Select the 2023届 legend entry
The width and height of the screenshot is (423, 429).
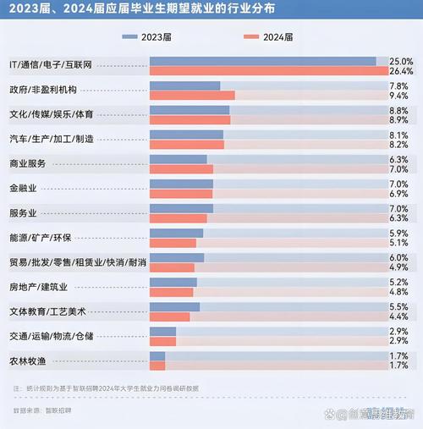click(152, 37)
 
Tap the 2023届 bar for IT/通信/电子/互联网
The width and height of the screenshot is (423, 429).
click(263, 61)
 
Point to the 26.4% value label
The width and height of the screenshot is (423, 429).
click(401, 72)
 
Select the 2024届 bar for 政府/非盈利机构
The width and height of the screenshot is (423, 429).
click(192, 96)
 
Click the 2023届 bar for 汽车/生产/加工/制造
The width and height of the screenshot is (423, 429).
click(186, 135)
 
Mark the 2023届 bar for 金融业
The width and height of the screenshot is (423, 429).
click(181, 184)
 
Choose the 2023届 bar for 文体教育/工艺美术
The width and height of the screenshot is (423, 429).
click(174, 307)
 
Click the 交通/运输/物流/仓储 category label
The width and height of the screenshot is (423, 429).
click(50, 336)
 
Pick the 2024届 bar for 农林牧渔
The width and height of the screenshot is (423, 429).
click(157, 366)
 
